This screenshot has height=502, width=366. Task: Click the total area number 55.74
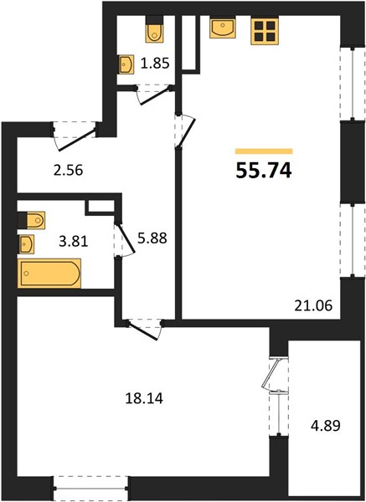[x=264, y=171]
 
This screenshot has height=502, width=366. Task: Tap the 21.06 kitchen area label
[x=313, y=306]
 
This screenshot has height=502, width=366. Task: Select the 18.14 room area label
[x=144, y=398]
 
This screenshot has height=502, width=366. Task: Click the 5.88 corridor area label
[x=152, y=238]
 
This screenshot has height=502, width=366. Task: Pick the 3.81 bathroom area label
[x=74, y=242]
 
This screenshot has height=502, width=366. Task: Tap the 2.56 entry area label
[x=69, y=171]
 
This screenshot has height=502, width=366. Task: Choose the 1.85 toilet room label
[x=155, y=64]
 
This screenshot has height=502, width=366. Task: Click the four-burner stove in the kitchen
[x=265, y=31]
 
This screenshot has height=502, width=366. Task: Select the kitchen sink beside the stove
[x=223, y=28]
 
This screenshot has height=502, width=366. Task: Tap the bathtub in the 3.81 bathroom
[x=49, y=274]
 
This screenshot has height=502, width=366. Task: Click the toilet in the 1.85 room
[x=154, y=29]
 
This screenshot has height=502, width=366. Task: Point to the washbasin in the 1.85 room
[x=126, y=64]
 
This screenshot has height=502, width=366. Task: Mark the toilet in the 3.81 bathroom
[x=31, y=220]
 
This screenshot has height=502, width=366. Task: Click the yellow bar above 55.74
[x=264, y=151]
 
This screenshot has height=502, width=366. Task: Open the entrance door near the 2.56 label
[x=75, y=136]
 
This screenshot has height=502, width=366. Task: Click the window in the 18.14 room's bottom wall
[x=91, y=489]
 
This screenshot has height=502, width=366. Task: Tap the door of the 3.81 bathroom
[x=123, y=239]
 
